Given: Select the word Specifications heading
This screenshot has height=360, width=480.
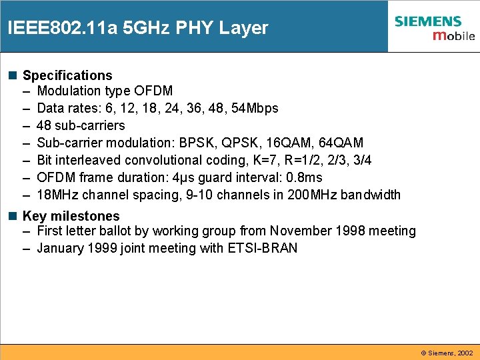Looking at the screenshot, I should coord(67,75).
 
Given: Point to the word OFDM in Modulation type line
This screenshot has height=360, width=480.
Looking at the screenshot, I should coord(153,91).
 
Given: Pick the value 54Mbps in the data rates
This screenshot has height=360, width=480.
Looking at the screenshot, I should coord(255,108).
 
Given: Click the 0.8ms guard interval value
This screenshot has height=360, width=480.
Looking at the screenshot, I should coord(304,177).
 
